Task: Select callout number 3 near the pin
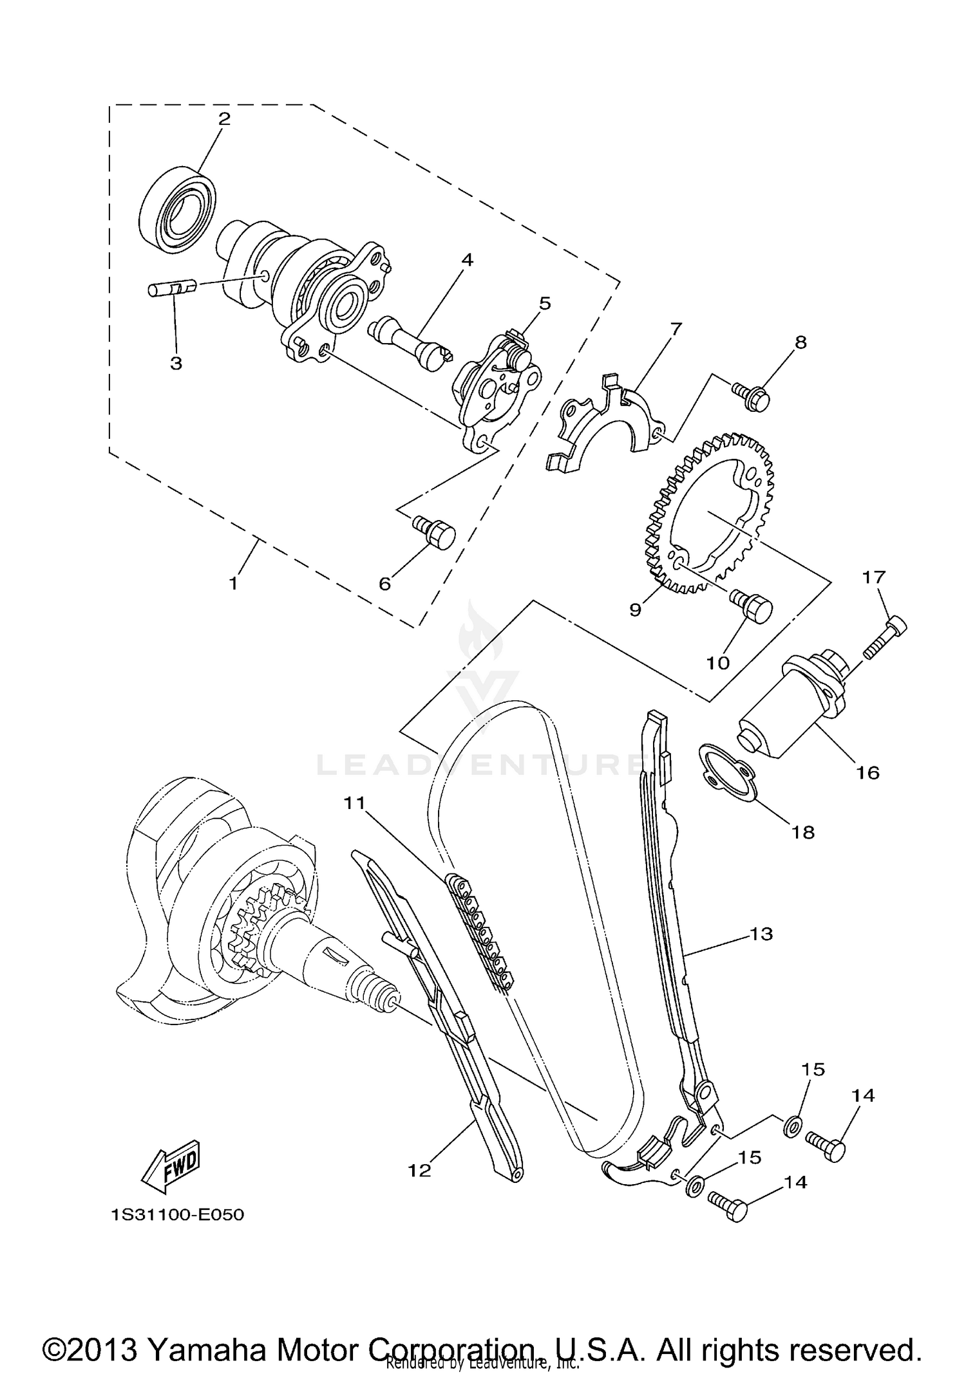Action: (176, 362)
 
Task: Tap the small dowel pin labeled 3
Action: (171, 288)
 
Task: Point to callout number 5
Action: (545, 302)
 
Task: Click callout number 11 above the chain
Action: (354, 803)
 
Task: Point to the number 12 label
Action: (419, 1171)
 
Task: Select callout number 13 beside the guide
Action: (761, 934)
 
